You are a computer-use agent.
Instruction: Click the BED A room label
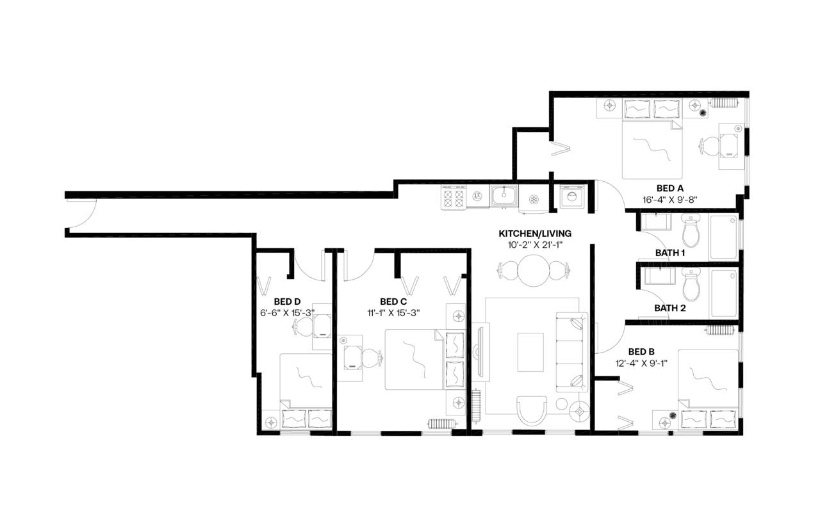[669, 188]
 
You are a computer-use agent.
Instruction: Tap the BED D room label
[287, 301]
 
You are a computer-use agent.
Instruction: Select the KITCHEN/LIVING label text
[535, 233]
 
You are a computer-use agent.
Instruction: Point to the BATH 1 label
[670, 253]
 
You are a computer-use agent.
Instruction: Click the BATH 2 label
[670, 308]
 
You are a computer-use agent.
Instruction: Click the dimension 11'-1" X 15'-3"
[393, 313]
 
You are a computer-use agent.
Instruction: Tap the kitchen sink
[504, 195]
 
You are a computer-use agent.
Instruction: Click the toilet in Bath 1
[692, 232]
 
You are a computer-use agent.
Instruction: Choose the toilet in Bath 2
[692, 285]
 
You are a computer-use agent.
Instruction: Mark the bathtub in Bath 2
[724, 292]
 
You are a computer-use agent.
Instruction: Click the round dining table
[534, 271]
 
